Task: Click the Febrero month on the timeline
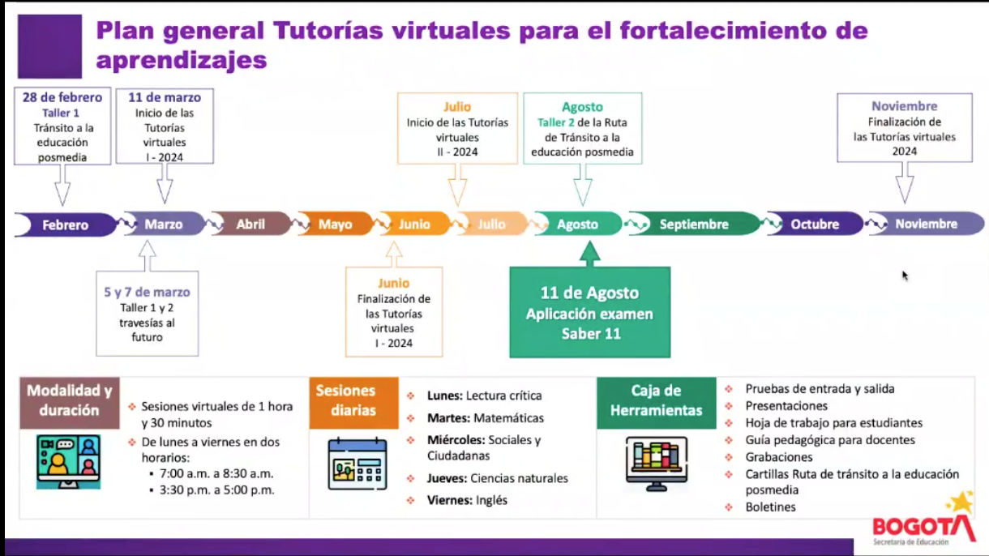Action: (x=65, y=225)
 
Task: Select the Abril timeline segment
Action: (x=250, y=224)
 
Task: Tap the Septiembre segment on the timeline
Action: (x=693, y=225)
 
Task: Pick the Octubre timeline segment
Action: (x=815, y=225)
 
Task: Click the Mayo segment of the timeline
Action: (x=335, y=224)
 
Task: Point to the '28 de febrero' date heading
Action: (x=62, y=97)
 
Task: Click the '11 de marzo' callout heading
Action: (x=165, y=97)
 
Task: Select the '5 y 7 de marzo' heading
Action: (x=147, y=292)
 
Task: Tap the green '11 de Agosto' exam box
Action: (x=589, y=313)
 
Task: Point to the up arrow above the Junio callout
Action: (x=394, y=254)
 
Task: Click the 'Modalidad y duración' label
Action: (x=70, y=400)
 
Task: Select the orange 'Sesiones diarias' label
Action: (x=353, y=400)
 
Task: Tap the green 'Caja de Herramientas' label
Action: (x=656, y=400)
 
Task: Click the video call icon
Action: (x=68, y=461)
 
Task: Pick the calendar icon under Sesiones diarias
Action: (x=357, y=463)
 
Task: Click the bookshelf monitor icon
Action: (x=656, y=463)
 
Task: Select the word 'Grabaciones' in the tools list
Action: (x=779, y=457)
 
